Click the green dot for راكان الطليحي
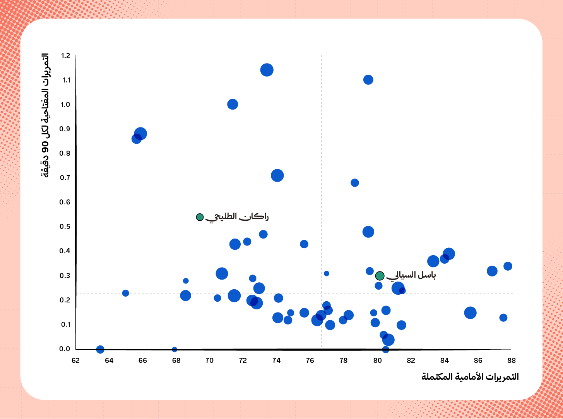tap(200, 217)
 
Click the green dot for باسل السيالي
tap(380, 276)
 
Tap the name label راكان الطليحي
tap(237, 217)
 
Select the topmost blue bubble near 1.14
tap(267, 70)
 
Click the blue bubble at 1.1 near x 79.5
tap(368, 80)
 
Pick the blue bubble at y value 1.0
tap(232, 104)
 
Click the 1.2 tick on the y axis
tap(65, 56)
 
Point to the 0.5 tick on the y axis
tap(65, 227)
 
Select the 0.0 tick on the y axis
tap(65, 349)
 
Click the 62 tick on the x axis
tap(75, 361)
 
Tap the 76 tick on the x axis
tap(310, 361)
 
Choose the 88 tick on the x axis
tap(512, 361)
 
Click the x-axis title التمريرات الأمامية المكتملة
tap(470, 377)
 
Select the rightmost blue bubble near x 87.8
tap(508, 266)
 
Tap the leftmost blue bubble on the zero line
tap(100, 349)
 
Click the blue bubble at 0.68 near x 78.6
tap(354, 183)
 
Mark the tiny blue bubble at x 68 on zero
tap(175, 349)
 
